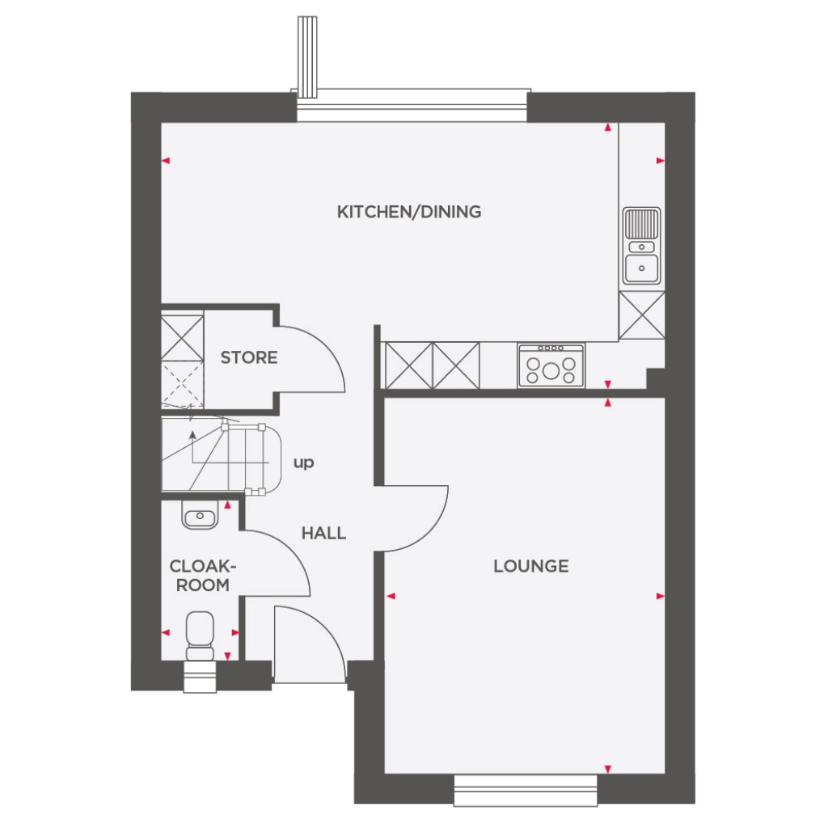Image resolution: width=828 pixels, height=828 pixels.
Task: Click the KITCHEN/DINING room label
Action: click(408, 212)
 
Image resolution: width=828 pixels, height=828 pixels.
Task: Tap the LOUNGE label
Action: click(531, 566)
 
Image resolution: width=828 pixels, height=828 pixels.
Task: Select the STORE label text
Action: click(249, 357)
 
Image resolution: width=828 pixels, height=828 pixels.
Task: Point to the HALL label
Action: click(323, 533)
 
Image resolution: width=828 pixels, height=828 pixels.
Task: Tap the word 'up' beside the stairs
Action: click(303, 463)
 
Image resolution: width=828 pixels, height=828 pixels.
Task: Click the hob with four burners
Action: click(551, 365)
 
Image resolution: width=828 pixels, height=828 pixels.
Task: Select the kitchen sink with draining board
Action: click(642, 246)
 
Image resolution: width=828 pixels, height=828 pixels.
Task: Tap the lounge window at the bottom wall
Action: click(526, 789)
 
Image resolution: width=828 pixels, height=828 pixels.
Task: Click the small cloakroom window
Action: click(200, 678)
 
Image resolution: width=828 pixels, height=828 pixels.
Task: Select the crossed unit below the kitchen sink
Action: click(641, 315)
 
